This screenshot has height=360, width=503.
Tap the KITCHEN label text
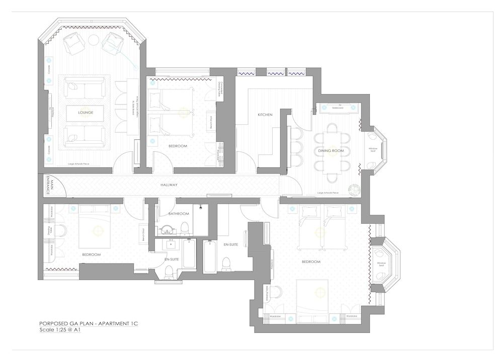265,115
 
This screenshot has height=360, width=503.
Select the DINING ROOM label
330,150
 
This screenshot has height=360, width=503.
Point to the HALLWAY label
169,185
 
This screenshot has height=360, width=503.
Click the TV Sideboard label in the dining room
337,107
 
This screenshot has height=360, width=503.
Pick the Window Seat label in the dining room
373,149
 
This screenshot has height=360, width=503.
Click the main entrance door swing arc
56,182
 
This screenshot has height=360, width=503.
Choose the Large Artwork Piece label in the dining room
328,193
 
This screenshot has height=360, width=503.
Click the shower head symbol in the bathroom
201,207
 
